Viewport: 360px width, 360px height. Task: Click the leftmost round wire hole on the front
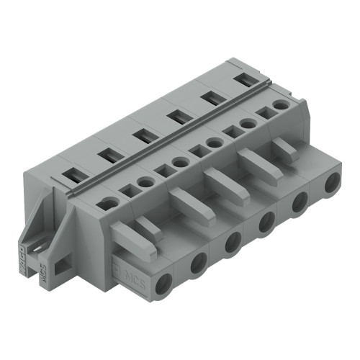163,282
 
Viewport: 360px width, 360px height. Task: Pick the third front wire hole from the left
232,243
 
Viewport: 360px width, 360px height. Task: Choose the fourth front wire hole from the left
265,222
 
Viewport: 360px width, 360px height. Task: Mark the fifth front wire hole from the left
299,203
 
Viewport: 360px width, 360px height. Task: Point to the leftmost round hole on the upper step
109,203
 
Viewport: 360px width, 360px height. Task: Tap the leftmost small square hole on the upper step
128,191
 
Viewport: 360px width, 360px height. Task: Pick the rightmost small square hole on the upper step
264,113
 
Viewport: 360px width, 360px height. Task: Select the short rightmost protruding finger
286,149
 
